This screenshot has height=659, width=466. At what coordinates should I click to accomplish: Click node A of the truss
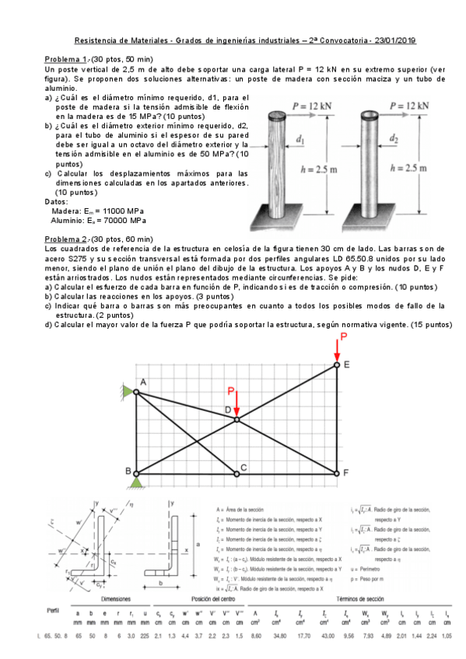[137, 392]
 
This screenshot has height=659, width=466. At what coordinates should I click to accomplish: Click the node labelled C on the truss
[237, 472]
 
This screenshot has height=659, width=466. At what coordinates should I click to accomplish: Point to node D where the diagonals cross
[237, 420]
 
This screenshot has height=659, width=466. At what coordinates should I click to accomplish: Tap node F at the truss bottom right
[338, 472]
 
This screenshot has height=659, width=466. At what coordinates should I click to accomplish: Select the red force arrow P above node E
[338, 350]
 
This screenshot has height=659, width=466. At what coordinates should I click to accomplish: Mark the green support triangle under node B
[137, 483]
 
